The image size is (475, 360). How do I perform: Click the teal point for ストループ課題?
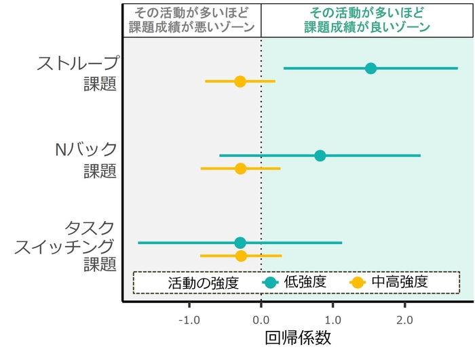[x=370, y=68]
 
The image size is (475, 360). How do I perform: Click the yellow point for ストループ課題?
[x=240, y=81]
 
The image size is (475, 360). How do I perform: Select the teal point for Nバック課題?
[x=320, y=155]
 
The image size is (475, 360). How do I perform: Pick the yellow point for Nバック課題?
[x=240, y=168]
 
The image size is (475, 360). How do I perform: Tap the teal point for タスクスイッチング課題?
[x=240, y=243]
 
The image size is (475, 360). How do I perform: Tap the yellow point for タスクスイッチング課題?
[x=241, y=256]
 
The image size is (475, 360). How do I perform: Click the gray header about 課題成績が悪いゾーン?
[x=191, y=20]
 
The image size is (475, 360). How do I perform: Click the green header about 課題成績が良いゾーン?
[x=367, y=20]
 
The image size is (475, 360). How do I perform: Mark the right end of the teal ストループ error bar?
[x=457, y=68]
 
